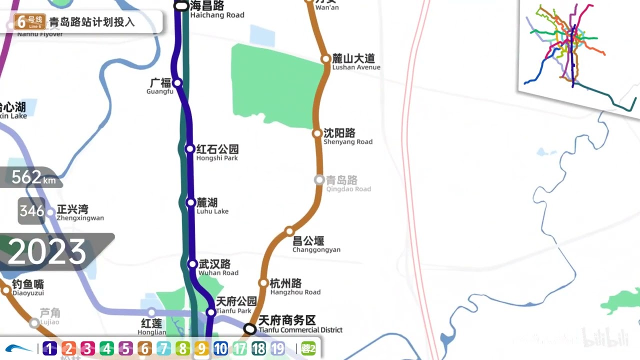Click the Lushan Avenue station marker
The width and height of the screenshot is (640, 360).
click(325, 59)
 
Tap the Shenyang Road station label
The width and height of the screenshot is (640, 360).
click(347, 136)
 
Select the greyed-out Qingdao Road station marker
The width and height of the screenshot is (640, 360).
click(319, 180)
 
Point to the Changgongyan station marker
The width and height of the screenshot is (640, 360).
click(289, 231)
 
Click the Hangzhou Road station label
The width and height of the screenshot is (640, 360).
click(294, 287)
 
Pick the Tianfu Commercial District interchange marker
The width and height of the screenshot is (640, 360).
click(250, 328)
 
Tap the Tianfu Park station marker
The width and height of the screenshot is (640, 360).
click(211, 312)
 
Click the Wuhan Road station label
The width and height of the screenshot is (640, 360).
click(217, 267)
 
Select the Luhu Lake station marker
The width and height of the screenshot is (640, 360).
click(190, 202)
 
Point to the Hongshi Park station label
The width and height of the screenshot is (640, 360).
click(217, 152)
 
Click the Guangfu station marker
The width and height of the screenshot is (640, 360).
click(177, 82)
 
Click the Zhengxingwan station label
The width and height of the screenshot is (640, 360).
click(80, 212)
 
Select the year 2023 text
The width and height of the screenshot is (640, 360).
click(47, 252)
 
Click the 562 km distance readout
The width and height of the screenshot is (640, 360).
click(33, 177)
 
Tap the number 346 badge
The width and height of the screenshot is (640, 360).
click(32, 211)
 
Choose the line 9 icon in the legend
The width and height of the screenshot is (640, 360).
click(201, 348)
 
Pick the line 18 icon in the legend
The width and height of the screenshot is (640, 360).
click(258, 348)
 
